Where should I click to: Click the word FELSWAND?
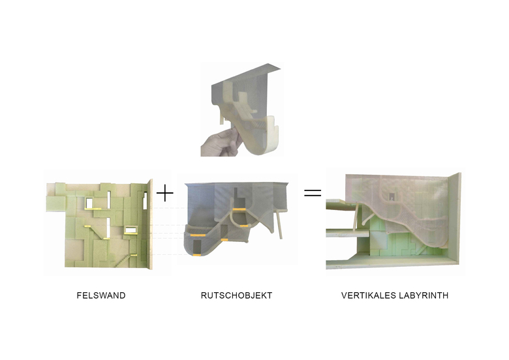(101, 295)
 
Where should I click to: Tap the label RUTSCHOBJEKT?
(236, 295)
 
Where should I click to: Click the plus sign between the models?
(165, 193)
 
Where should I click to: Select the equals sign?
(313, 193)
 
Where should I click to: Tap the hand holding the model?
(221, 143)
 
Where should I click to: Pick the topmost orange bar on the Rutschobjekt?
(239, 209)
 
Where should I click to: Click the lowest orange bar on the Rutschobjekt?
(196, 256)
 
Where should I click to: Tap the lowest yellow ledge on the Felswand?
(133, 255)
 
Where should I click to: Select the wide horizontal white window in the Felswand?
(131, 230)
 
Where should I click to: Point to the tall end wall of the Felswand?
(149, 224)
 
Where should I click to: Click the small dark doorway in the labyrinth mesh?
(392, 196)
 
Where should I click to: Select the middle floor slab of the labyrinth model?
(347, 233)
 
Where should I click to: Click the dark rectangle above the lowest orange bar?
(197, 247)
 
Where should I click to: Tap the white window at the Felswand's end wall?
(145, 201)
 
